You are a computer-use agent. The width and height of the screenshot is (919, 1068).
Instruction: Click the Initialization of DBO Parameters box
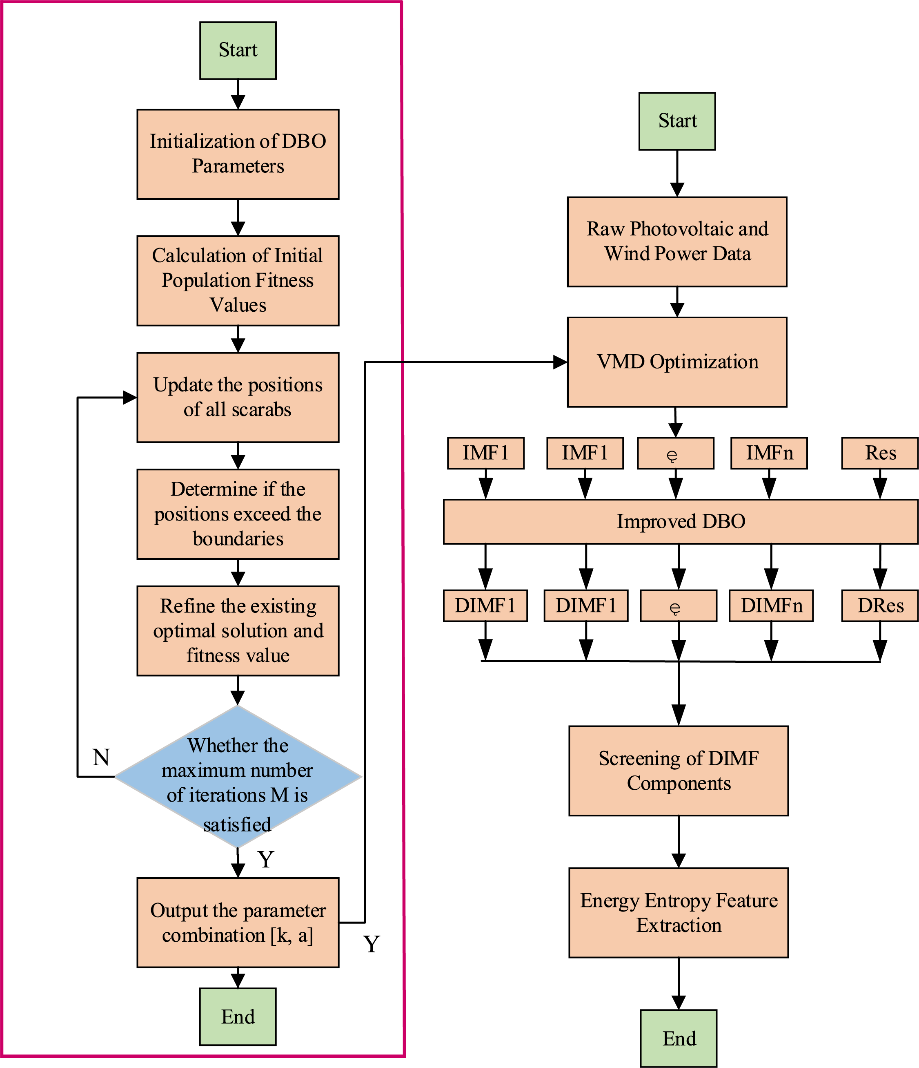point(238,154)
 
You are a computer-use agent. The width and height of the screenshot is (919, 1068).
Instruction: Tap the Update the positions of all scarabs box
point(238,398)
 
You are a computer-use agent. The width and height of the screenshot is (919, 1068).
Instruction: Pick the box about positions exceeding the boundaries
point(238,514)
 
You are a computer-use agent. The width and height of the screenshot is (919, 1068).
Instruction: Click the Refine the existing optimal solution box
point(238,630)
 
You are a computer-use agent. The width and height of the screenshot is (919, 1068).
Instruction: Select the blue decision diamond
point(238,776)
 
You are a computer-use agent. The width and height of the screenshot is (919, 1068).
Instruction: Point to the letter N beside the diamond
point(101,757)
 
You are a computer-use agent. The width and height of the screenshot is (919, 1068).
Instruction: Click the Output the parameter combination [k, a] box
point(238,923)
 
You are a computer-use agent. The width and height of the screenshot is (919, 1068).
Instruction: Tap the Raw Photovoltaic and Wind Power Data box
point(677,242)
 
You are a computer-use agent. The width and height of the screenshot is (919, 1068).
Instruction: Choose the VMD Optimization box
point(677,362)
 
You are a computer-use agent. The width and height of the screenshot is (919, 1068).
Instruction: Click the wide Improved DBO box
point(681,521)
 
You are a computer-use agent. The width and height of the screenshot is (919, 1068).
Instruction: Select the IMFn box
point(769,453)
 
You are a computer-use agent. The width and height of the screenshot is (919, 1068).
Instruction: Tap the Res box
point(880,453)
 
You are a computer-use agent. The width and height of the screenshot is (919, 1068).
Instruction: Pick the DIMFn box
point(771,605)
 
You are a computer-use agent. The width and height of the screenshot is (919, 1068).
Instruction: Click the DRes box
point(880,605)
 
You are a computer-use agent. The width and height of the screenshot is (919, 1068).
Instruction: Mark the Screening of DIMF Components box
point(679,771)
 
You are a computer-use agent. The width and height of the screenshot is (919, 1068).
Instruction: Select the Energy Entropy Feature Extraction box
point(679,913)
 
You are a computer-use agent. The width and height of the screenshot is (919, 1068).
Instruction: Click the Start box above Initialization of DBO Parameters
point(238,51)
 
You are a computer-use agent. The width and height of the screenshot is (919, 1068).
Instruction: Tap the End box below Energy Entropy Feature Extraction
point(679,1039)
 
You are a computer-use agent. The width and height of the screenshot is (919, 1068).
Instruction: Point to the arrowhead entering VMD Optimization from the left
point(561,362)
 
